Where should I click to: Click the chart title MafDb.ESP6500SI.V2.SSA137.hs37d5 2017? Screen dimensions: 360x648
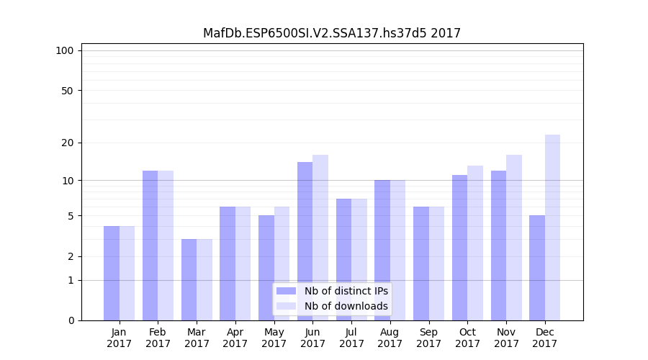click(332, 33)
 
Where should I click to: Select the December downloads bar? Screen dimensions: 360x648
click(552, 228)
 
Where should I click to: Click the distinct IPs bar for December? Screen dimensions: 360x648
click(537, 268)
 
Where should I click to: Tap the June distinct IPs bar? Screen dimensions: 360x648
click(305, 241)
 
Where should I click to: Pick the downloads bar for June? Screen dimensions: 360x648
click(320, 238)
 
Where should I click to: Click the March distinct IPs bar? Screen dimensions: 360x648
click(189, 279)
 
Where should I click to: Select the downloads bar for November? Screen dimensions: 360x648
click(514, 238)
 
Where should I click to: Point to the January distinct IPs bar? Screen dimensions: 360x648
click(112, 273)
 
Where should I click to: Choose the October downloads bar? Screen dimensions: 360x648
click(475, 243)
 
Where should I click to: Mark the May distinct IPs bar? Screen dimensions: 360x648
click(266, 268)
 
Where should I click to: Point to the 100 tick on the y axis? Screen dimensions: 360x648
click(65, 50)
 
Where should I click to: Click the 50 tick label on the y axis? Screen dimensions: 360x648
click(67, 91)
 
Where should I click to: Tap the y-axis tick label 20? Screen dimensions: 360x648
click(67, 143)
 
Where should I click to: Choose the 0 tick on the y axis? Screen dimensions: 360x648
click(71, 320)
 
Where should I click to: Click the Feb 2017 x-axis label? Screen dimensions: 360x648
click(158, 338)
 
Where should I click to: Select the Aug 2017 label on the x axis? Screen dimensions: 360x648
click(390, 338)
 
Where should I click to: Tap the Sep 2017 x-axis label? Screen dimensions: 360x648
click(428, 338)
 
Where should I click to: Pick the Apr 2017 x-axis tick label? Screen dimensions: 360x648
click(235, 338)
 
